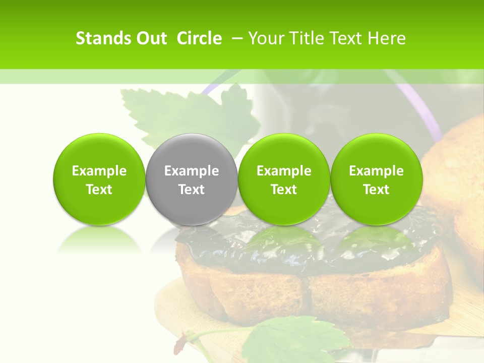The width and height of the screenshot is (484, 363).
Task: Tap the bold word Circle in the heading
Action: coord(199,38)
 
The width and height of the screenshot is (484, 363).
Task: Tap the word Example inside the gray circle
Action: coord(191,171)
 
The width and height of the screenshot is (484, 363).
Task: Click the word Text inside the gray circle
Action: coord(191,190)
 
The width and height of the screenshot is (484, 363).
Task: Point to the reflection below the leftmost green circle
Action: coord(99,239)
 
